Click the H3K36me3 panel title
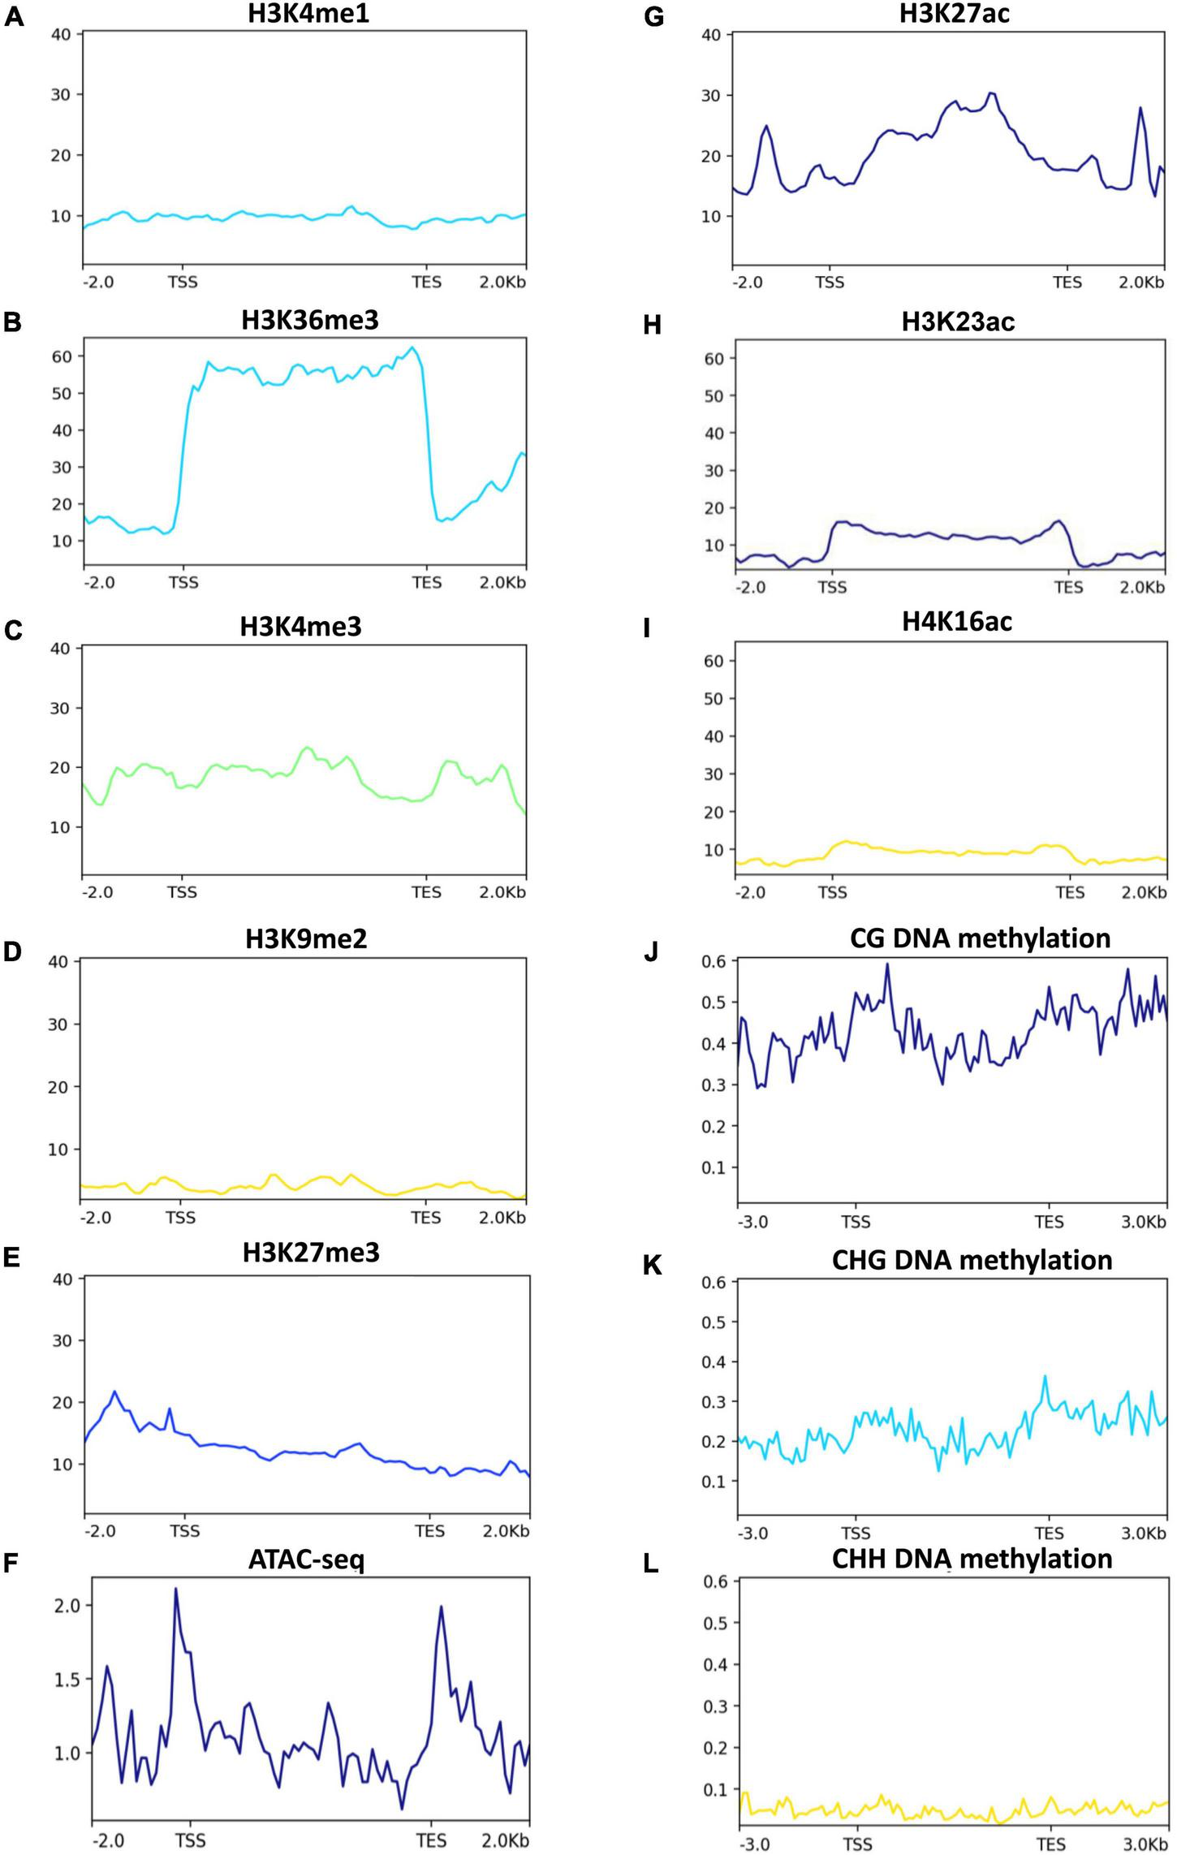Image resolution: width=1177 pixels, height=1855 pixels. click(x=310, y=320)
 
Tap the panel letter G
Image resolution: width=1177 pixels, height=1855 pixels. click(x=653, y=17)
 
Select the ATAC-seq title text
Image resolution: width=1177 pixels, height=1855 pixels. click(x=306, y=1559)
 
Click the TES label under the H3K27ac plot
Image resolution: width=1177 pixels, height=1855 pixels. click(x=1067, y=283)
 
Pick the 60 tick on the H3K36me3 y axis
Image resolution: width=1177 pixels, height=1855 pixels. click(x=63, y=356)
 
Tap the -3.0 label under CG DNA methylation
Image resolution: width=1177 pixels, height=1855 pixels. click(x=752, y=1222)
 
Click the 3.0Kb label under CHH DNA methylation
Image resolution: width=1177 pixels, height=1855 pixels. click(x=1143, y=1844)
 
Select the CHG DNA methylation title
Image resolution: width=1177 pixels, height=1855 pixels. click(x=972, y=1260)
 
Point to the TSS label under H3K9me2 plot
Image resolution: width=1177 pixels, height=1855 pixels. click(x=180, y=1218)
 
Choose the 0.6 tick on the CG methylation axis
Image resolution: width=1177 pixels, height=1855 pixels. click(x=713, y=960)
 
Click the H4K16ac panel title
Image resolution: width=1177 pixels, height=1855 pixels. click(x=957, y=622)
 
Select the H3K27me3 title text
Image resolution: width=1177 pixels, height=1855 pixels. click(x=311, y=1253)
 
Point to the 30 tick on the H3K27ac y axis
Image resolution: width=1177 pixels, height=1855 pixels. click(x=711, y=95)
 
